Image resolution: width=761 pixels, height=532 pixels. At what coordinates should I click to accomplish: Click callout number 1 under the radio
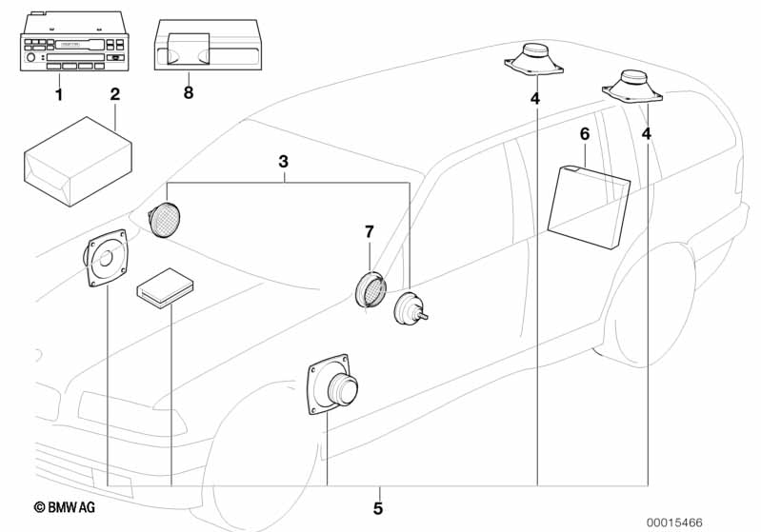tap(59, 94)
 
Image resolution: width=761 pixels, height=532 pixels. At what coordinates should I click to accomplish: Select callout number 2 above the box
tap(115, 94)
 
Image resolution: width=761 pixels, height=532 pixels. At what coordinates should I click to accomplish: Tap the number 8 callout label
tap(189, 92)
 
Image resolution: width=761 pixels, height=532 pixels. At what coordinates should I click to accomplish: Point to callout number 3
tap(284, 162)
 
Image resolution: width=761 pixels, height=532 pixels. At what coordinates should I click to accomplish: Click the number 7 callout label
tap(370, 232)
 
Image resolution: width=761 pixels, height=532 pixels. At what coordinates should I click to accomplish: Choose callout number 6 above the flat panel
tap(585, 134)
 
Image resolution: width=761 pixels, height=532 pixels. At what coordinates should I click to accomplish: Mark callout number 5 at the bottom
tap(378, 508)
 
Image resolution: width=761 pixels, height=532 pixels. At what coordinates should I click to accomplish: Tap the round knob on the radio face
tap(31, 58)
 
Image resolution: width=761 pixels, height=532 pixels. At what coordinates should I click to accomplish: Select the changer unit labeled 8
tap(209, 45)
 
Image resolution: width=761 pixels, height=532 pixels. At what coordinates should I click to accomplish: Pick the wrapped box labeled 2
tap(78, 162)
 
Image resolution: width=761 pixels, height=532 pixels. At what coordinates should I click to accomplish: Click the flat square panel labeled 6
tap(589, 207)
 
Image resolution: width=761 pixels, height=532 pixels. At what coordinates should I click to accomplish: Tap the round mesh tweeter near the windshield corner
tap(164, 219)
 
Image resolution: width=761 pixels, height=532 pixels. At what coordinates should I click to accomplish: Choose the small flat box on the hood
tap(165, 288)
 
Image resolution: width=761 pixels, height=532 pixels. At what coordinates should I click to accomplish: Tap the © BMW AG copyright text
tap(64, 507)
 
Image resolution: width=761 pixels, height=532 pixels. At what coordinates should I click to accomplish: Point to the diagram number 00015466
tap(674, 522)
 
